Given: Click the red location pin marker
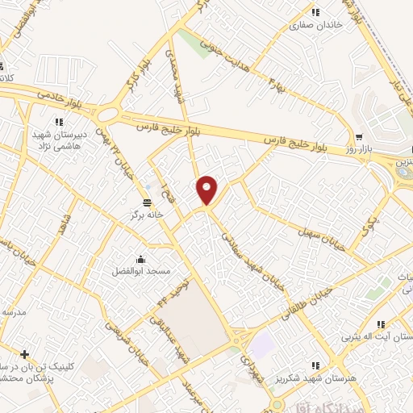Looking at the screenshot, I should click(x=207, y=190).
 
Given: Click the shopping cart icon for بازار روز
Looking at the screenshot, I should click(x=358, y=137).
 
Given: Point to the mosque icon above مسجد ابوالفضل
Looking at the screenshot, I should click(x=141, y=259).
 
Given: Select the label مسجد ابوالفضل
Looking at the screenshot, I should click(x=141, y=272).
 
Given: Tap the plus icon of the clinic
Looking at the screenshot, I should click(x=24, y=354).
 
